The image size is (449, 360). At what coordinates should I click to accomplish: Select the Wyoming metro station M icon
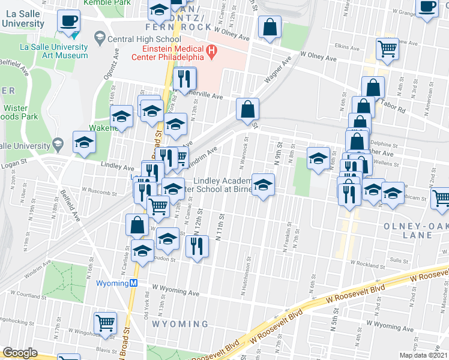(x=135, y=283)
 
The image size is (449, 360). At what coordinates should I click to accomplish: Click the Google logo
(x=20, y=353)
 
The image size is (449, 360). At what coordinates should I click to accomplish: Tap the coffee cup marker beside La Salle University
(x=68, y=22)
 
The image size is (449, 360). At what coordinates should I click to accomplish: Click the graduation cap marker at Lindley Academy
(x=262, y=185)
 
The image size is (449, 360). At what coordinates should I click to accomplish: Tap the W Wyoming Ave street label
(x=175, y=292)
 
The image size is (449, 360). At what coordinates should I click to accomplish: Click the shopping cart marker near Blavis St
(x=106, y=323)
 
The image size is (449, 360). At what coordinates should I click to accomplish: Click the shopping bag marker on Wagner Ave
(x=247, y=110)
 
